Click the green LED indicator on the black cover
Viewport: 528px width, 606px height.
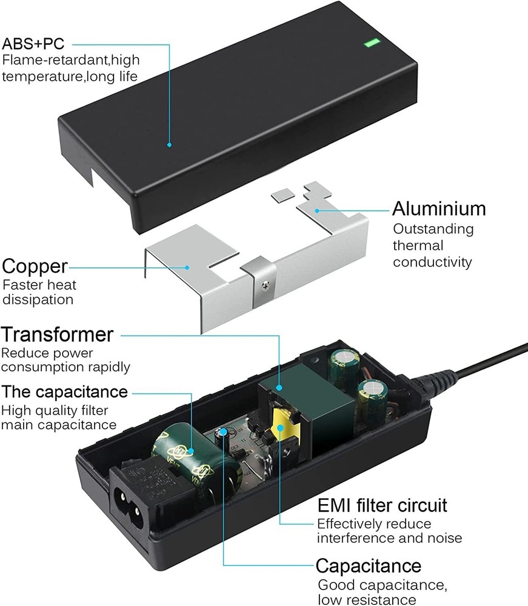click(x=371, y=43)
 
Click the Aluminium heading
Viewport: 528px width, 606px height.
click(x=439, y=209)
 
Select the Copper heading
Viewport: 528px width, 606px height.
click(x=35, y=267)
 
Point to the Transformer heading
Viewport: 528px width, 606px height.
click(x=57, y=335)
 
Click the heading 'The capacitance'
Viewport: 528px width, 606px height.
click(x=64, y=391)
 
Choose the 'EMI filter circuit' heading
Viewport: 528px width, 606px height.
click(x=382, y=505)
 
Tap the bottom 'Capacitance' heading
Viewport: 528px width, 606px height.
click(x=368, y=566)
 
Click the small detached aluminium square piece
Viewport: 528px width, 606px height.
click(x=281, y=194)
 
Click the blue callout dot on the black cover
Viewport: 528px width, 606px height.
click(x=170, y=145)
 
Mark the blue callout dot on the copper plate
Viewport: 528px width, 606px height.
click(x=189, y=266)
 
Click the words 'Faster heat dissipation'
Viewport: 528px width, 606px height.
click(x=39, y=291)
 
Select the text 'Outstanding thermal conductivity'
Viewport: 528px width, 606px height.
click(x=433, y=246)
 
